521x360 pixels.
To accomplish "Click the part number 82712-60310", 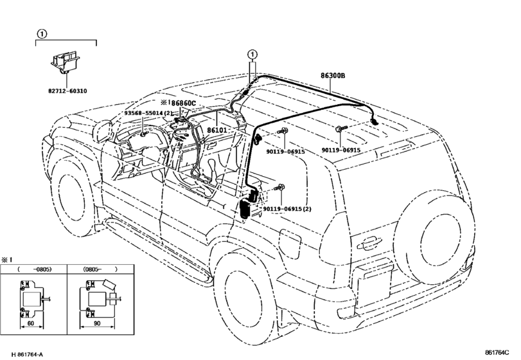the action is pos(67,91).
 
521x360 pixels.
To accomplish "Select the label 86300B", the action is pos(333,75).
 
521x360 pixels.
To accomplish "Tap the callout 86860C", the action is pos(184,103).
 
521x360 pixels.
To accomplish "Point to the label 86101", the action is pos(217,130).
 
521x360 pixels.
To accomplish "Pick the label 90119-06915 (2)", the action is pos(287,209).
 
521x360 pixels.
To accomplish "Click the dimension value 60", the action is pos(31,323).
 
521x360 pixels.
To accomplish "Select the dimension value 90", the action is pos(97,323).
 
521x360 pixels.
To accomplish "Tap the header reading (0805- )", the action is pos(100,269).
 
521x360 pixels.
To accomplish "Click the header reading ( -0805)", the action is pos(34,269).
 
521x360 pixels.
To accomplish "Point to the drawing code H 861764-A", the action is pos(27,354).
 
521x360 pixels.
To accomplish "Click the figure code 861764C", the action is pos(497,352).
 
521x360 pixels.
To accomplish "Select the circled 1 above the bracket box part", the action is pos(42,33).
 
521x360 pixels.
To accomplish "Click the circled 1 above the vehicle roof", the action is pos(252,54).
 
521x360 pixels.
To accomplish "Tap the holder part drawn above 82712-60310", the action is pos(65,63).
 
